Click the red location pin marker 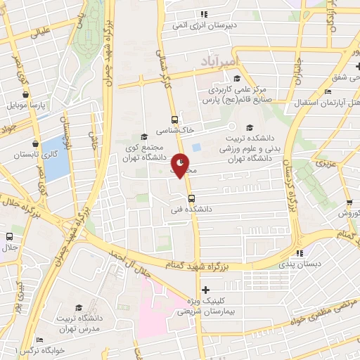(x=181, y=165)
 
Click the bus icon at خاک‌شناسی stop (x=174, y=119)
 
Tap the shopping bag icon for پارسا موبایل (x=25, y=94)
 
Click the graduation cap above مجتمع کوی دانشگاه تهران (x=144, y=136)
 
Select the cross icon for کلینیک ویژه (x=205, y=290)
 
